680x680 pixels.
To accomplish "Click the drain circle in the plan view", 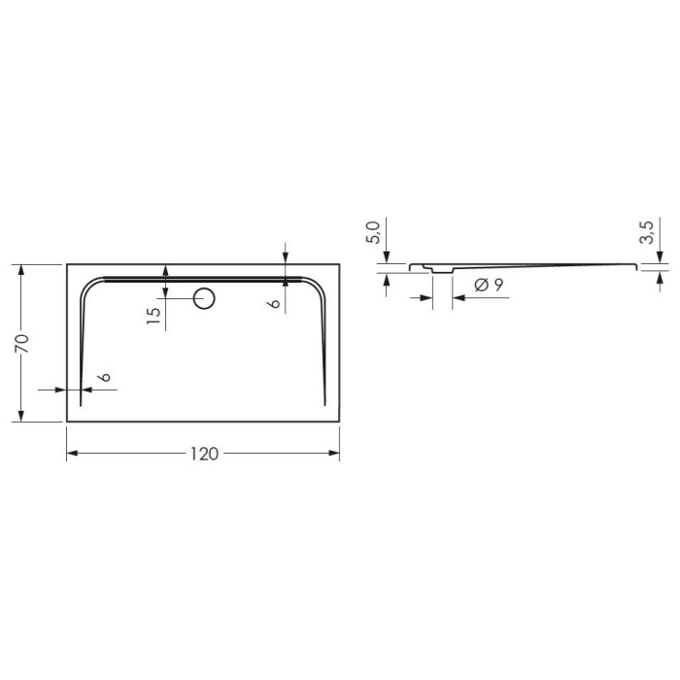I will pyautogui.click(x=204, y=298).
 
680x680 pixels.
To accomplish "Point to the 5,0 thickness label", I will pyautogui.click(x=374, y=233).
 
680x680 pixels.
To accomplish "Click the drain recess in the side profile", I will pyautogui.click(x=442, y=270).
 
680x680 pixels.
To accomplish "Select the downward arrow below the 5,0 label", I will pyautogui.click(x=387, y=255).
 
